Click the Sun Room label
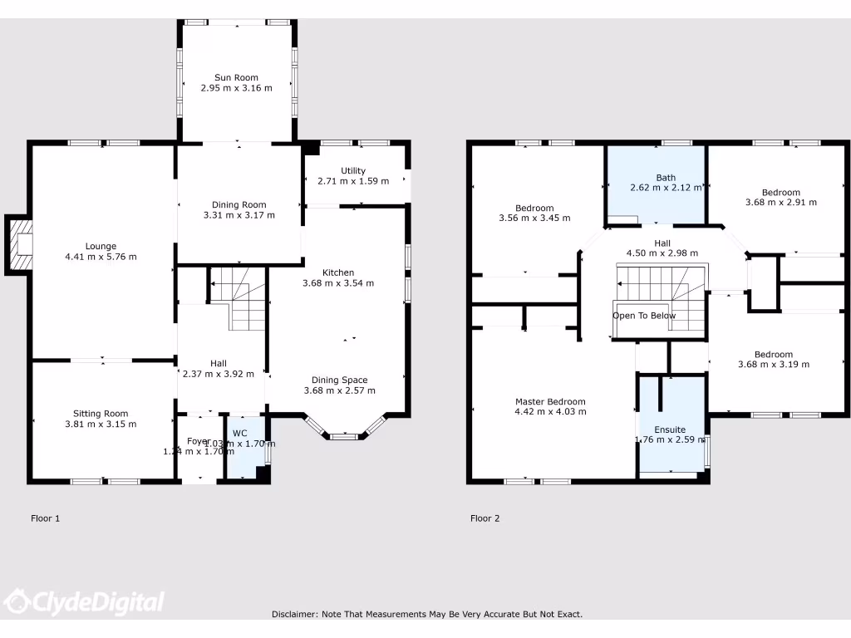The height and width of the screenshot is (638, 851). [x=236, y=77]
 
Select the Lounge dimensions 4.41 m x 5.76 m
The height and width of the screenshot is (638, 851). [x=101, y=257]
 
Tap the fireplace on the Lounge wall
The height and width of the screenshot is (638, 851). [x=21, y=243]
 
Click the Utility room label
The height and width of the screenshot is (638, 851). [x=352, y=170]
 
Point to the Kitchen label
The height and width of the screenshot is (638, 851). [x=338, y=272]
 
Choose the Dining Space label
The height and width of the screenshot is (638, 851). [x=339, y=380]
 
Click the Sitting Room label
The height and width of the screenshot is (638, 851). [x=101, y=414]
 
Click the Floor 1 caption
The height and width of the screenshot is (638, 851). [x=46, y=518]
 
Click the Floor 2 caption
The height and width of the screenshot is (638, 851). [x=485, y=518]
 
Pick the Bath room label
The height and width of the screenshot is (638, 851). [x=666, y=177]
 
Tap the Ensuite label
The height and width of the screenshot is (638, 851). [x=670, y=429]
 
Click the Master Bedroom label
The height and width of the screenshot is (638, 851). [x=549, y=401]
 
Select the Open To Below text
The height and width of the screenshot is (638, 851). [x=644, y=316]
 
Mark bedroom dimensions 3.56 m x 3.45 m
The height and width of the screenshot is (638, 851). [x=534, y=218]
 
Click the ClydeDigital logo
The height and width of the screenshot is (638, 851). [x=84, y=601]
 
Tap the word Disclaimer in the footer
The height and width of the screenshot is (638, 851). [x=293, y=614]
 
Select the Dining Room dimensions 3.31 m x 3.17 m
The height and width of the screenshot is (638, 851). [x=239, y=215]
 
